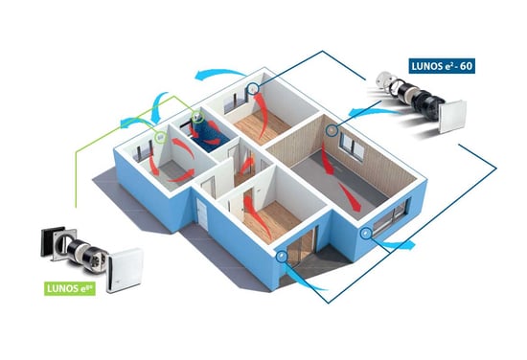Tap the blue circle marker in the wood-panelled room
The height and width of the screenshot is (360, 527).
332,130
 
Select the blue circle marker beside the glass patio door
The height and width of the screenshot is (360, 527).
282,256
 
